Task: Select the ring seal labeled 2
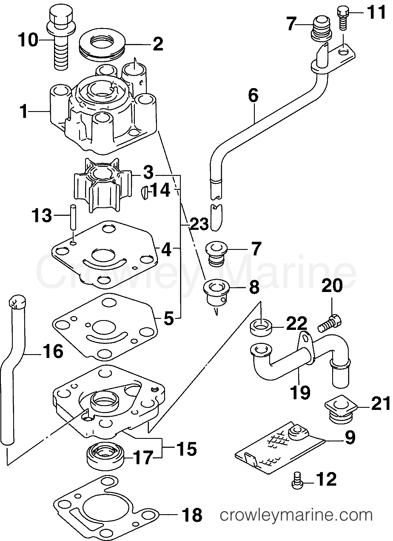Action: point(104,44)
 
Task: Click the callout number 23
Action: point(196,224)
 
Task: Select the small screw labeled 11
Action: point(343,18)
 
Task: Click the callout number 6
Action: point(253,96)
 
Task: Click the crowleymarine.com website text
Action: point(296,516)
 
